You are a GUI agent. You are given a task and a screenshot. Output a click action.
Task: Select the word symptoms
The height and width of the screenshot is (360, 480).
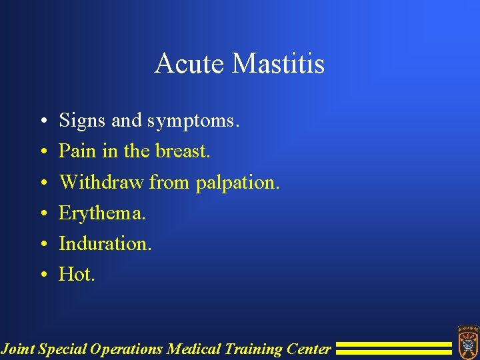[193, 121]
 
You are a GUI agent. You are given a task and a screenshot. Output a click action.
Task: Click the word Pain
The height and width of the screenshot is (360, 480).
[77, 151]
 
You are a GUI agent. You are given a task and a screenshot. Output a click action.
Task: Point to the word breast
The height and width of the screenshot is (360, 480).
[183, 151]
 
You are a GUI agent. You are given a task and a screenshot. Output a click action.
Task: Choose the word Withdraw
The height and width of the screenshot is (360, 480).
[101, 182]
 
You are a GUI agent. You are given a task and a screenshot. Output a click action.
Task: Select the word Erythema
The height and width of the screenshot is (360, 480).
[102, 213]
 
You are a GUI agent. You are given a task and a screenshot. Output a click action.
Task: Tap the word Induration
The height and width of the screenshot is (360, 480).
[105, 243]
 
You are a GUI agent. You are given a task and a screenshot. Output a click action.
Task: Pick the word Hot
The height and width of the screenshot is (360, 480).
[77, 274]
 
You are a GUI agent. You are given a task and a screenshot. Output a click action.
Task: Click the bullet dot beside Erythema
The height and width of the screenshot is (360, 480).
[42, 214]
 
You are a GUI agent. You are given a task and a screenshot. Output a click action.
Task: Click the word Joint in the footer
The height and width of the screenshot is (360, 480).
[18, 349]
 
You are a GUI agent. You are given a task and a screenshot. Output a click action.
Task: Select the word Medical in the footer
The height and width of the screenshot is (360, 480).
[194, 349]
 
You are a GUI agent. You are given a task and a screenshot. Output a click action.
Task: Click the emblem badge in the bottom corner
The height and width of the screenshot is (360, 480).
[467, 340]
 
